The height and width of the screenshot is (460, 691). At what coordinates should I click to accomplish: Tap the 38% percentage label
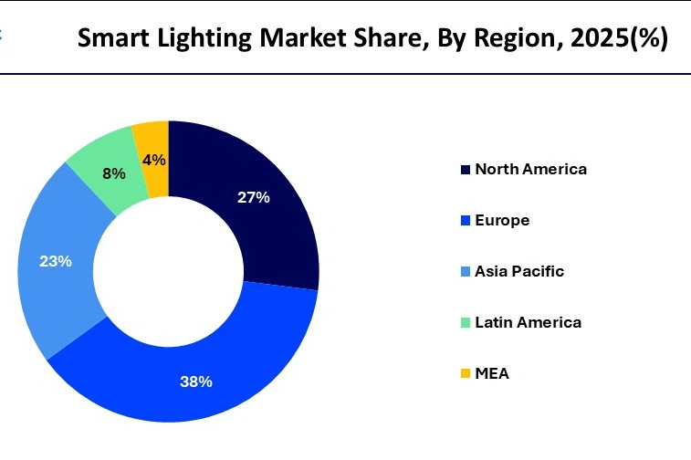coord(196,382)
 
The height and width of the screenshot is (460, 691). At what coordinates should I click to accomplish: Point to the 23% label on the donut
coord(56,261)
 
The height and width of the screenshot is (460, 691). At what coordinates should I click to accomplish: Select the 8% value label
coord(114,172)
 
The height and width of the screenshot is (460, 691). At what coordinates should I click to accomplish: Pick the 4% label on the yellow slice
coord(153,160)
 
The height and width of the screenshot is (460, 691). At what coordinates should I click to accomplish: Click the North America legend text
coord(530,169)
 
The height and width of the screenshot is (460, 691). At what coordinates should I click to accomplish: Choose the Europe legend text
coord(502,220)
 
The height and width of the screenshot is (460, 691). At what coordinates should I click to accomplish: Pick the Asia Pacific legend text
coord(519,271)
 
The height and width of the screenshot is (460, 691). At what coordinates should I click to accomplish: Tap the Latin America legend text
coord(528,322)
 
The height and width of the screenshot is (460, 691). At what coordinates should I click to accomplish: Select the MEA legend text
coord(491,373)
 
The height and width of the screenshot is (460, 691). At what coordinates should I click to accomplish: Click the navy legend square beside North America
coord(466,170)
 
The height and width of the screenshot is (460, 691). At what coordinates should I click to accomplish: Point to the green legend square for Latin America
coord(466,323)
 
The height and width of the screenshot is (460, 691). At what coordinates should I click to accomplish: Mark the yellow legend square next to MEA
coord(466,374)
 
